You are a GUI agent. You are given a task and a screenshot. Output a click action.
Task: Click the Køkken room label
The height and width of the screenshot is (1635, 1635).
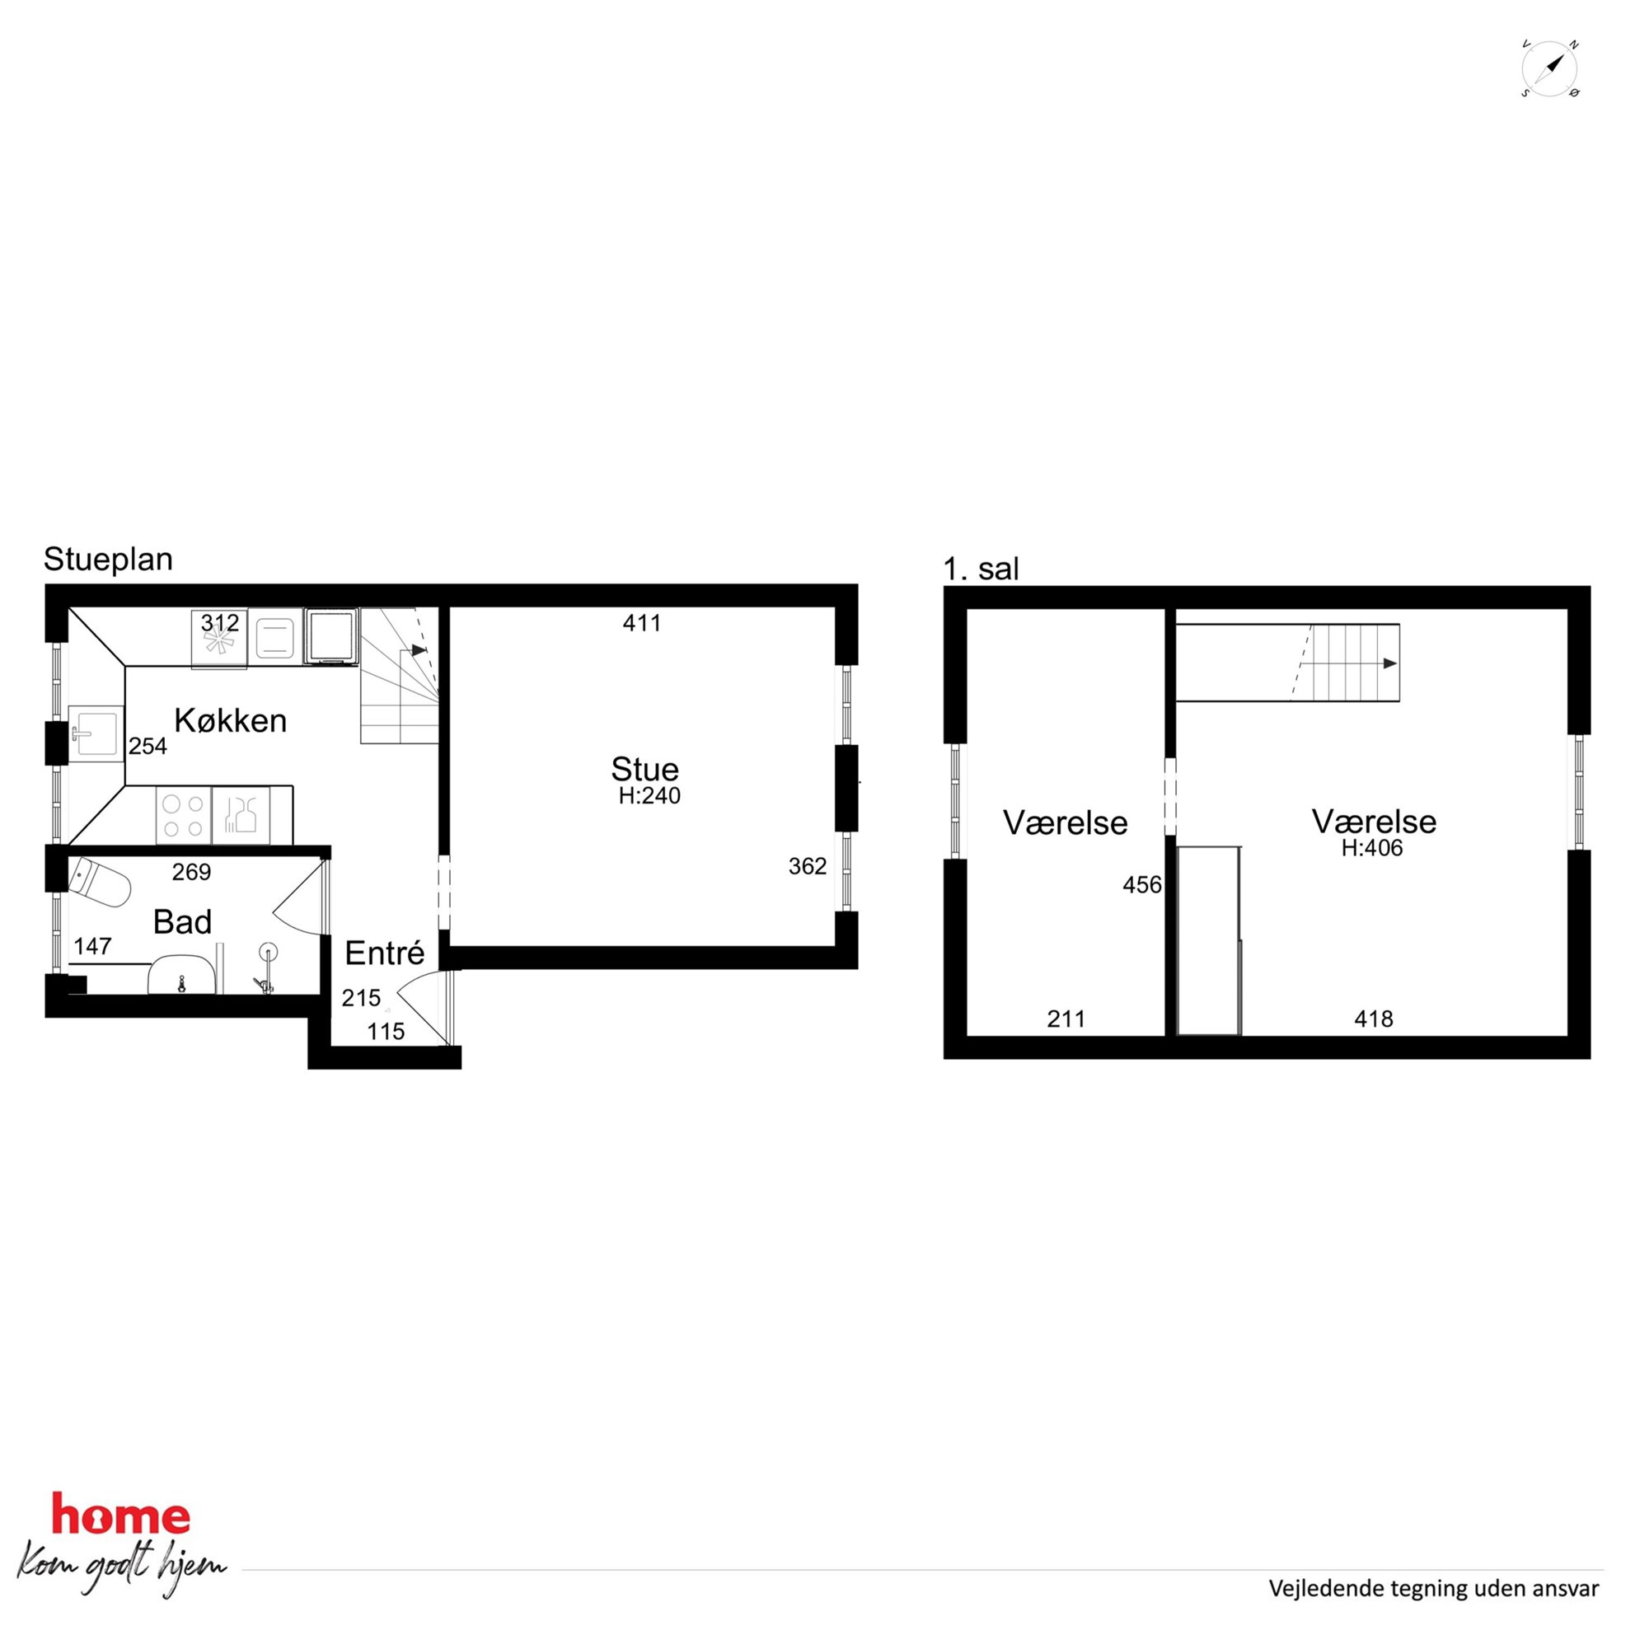tap(230, 720)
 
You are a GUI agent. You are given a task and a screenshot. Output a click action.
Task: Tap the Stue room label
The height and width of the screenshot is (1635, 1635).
tap(645, 769)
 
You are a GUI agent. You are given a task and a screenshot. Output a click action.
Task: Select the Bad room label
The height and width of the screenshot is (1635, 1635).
tap(182, 921)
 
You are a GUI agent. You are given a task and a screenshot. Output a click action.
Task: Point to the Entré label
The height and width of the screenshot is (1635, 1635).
tap(384, 953)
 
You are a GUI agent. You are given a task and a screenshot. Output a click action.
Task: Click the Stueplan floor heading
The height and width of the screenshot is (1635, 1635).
tap(108, 560)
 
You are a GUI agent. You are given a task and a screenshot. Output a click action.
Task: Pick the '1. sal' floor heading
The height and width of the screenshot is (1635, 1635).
tap(981, 569)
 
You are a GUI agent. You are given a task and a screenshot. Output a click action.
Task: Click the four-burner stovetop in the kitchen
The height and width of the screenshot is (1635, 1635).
tap(184, 815)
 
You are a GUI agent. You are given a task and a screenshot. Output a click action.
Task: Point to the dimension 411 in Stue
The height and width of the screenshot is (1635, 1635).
tap(641, 624)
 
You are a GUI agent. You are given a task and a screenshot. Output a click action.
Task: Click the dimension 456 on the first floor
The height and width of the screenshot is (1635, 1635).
tap(1142, 885)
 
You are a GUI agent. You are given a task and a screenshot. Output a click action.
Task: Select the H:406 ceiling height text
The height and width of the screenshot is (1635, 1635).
tap(1372, 848)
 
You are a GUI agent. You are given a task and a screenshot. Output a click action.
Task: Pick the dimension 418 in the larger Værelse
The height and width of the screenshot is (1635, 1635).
tap(1374, 1019)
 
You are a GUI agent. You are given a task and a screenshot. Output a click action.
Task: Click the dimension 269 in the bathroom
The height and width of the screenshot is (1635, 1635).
tap(191, 873)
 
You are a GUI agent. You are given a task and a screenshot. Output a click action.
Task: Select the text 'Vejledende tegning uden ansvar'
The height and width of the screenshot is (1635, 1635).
tap(1434, 1589)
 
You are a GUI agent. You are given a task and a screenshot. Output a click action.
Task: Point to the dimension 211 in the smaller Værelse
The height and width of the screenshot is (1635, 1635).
tap(1066, 1019)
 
